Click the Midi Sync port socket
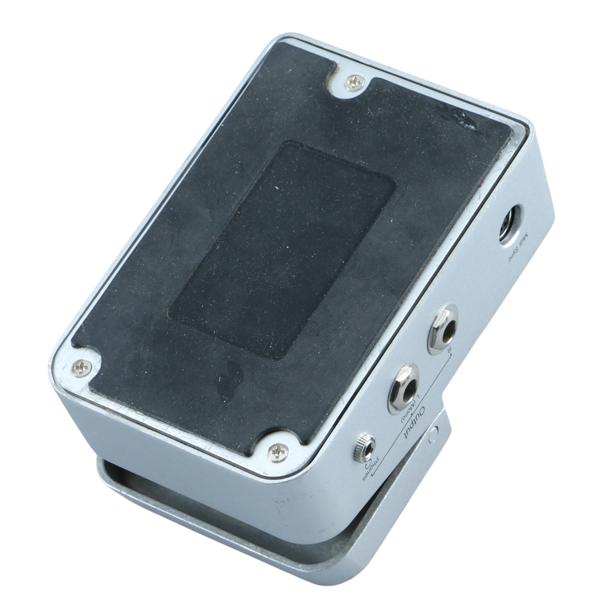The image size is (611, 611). pos(511,224)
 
